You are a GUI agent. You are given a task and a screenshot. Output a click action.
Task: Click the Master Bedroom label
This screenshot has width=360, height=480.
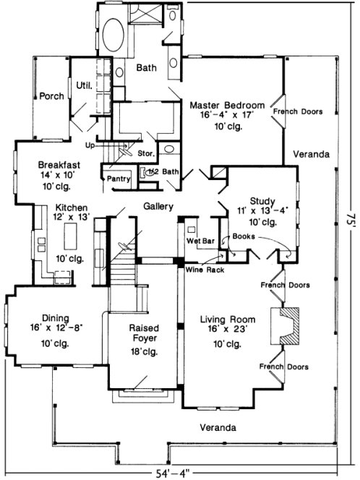[227, 105]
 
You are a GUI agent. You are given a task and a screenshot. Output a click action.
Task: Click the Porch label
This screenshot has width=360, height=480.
[51, 95]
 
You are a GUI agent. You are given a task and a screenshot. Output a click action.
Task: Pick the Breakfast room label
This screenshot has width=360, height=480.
[59, 165]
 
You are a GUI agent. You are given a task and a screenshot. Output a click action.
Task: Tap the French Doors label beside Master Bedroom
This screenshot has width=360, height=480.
[297, 112]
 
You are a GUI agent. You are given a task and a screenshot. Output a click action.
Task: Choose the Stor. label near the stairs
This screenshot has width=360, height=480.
[145, 153]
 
